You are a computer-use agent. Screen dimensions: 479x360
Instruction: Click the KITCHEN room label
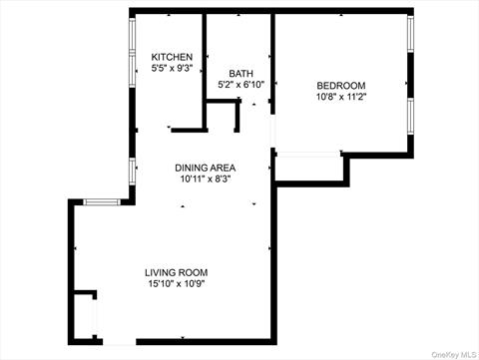pyautogui.click(x=172, y=57)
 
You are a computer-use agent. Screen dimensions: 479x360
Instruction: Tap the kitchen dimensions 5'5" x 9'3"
pyautogui.click(x=172, y=69)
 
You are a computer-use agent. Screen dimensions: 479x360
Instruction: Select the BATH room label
pyautogui.click(x=240, y=74)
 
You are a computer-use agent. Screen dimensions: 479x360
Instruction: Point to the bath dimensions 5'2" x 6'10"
pyautogui.click(x=240, y=85)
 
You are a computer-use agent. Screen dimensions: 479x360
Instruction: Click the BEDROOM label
pyautogui.click(x=341, y=86)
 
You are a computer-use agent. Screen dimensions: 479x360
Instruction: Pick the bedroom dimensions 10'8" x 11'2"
pyautogui.click(x=341, y=97)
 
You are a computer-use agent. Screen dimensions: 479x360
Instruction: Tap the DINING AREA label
pyautogui.click(x=206, y=168)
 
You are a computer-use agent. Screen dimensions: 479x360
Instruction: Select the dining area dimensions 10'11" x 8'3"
pyautogui.click(x=206, y=180)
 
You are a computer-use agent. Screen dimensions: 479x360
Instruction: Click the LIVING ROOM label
pyautogui.click(x=177, y=273)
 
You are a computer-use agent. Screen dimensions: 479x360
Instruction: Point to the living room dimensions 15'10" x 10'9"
pyautogui.click(x=177, y=284)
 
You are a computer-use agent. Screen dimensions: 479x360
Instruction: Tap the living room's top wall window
pyautogui.click(x=102, y=201)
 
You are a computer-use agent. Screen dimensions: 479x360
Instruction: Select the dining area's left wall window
pyautogui.click(x=133, y=172)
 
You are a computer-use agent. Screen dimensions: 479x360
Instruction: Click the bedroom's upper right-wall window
pyautogui.click(x=410, y=34)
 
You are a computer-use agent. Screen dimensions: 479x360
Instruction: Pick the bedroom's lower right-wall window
pyautogui.click(x=410, y=117)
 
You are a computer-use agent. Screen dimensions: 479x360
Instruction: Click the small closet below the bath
pyautogui.click(x=222, y=117)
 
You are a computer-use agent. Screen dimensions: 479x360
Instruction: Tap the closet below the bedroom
pyautogui.click(x=308, y=169)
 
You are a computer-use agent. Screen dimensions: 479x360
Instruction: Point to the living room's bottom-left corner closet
pyautogui.click(x=83, y=316)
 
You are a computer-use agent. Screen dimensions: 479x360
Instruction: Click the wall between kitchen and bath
pyautogui.click(x=205, y=72)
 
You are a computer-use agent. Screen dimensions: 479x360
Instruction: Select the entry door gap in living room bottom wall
pyautogui.click(x=120, y=342)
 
